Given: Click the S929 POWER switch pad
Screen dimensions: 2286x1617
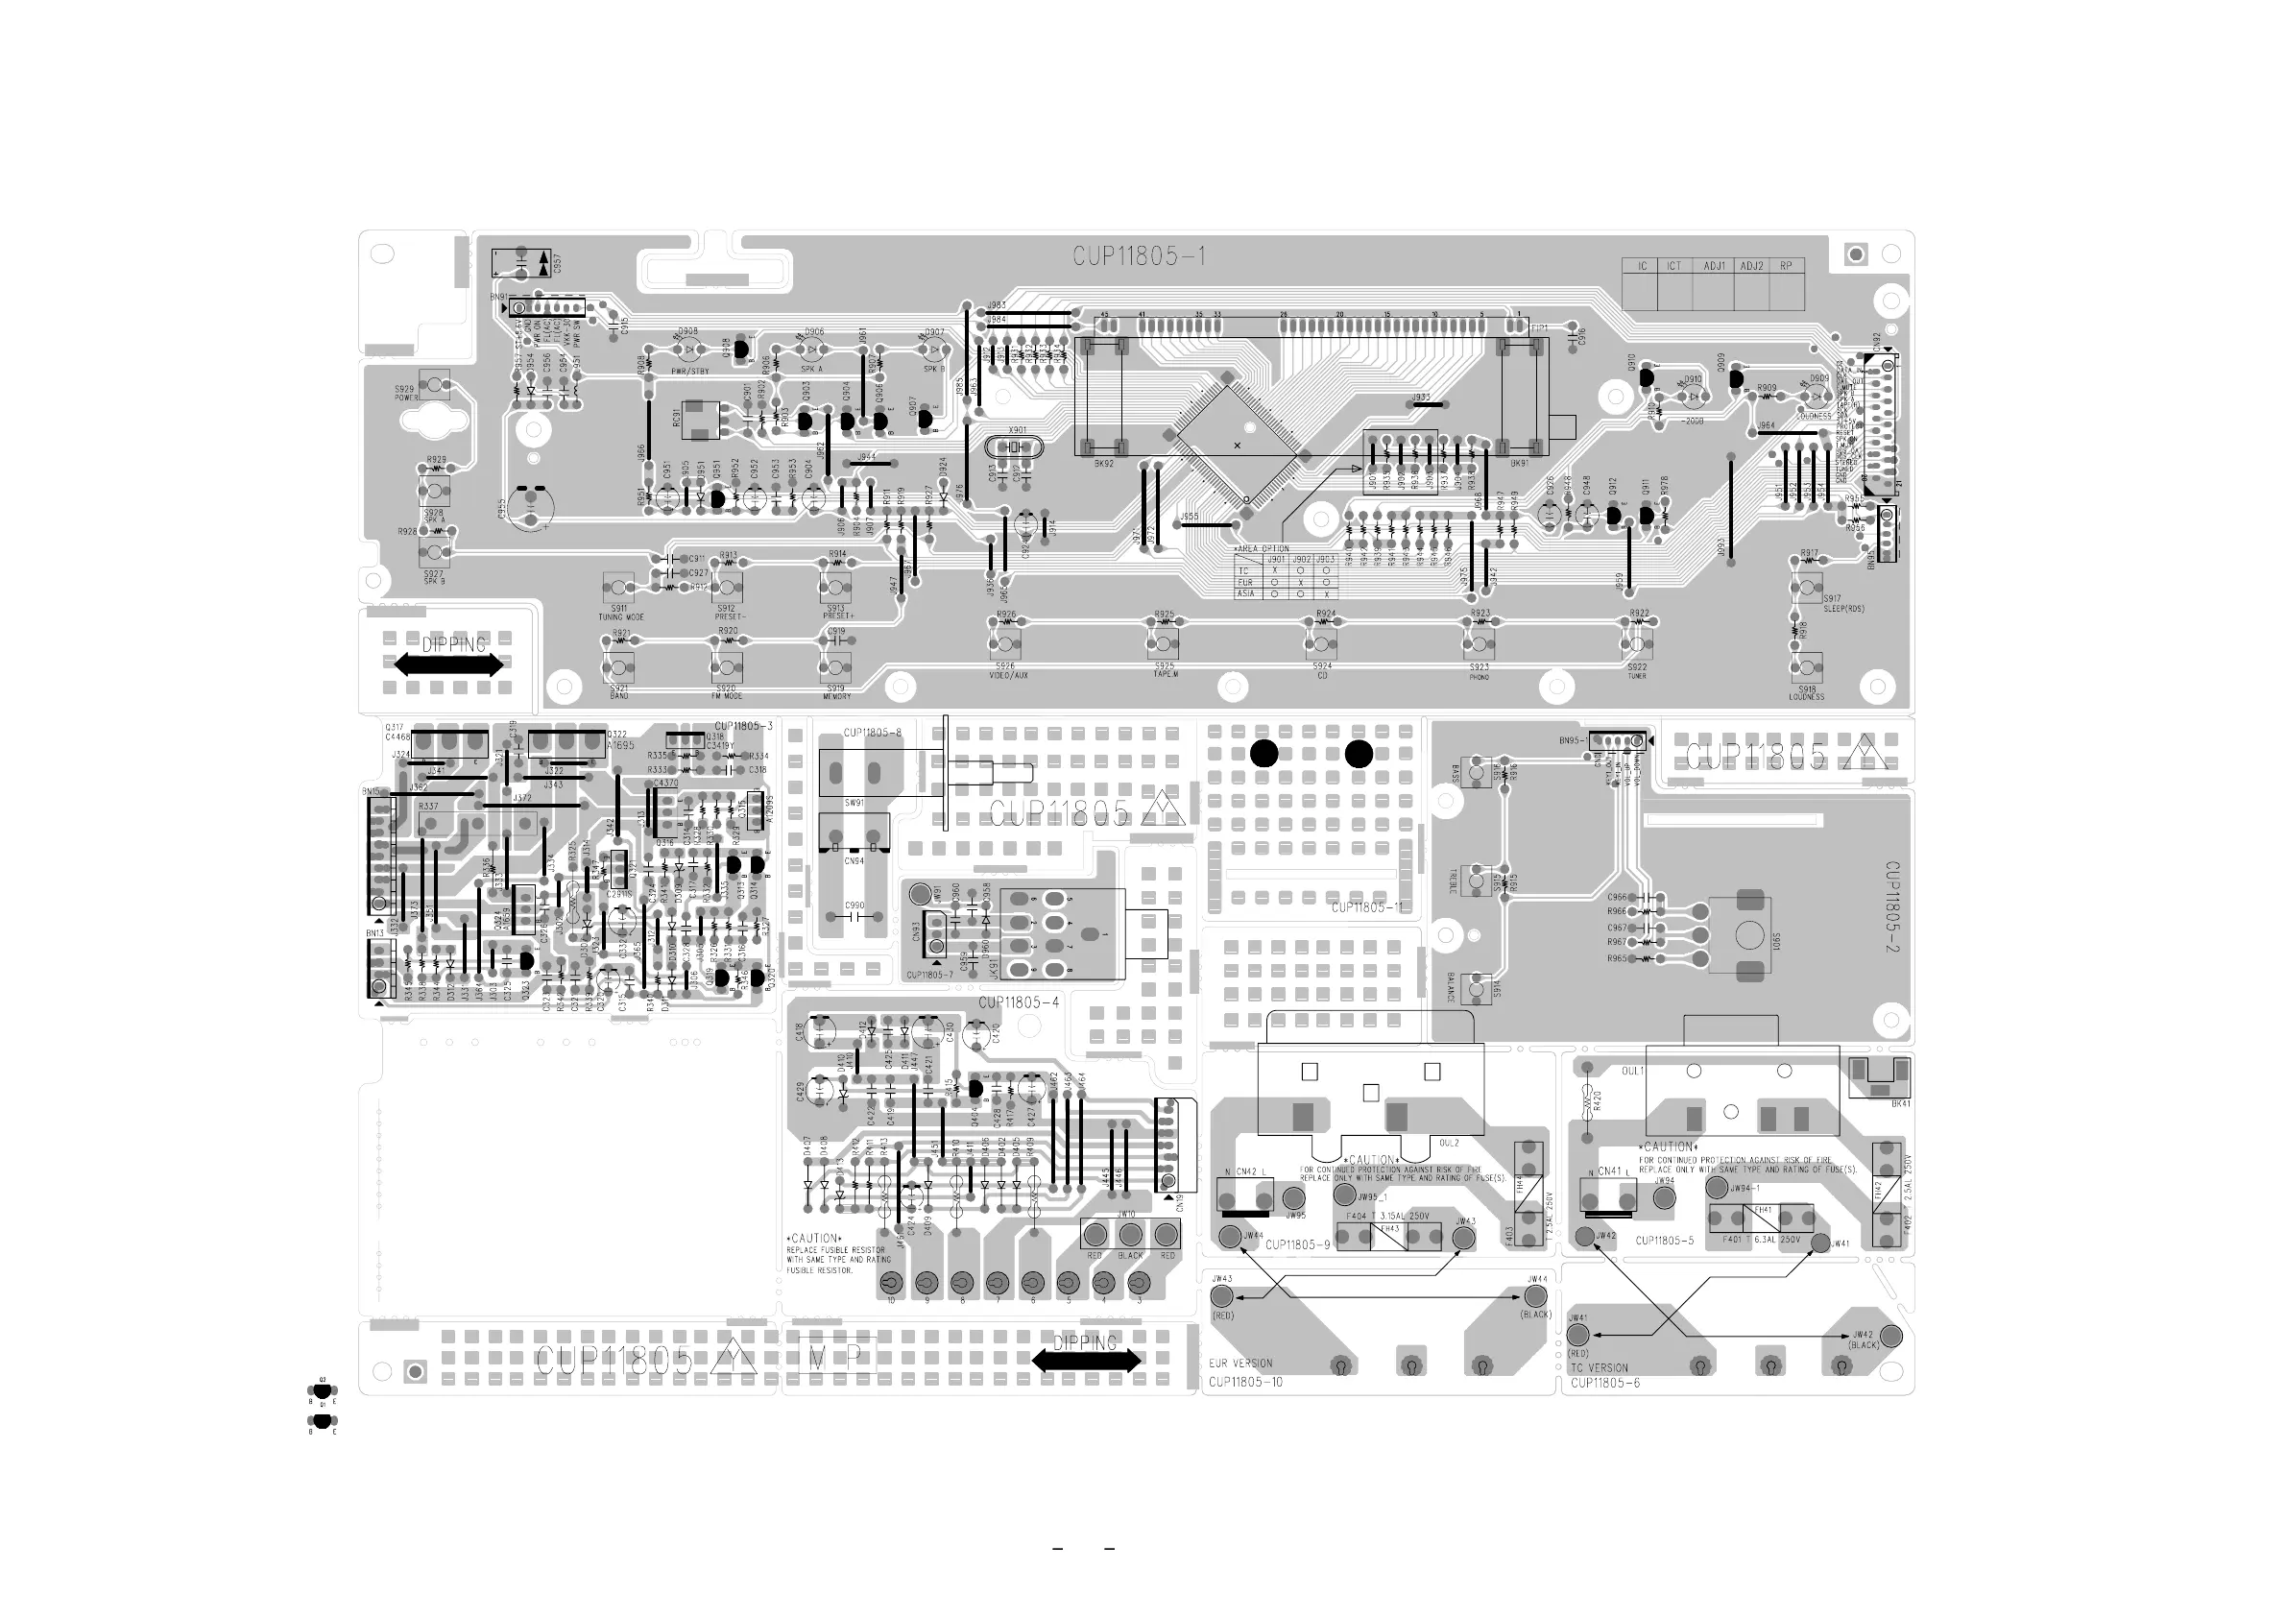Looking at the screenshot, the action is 434,383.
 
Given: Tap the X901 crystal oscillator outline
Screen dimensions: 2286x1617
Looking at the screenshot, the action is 1014,448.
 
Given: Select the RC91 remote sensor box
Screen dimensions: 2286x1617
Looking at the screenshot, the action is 701,420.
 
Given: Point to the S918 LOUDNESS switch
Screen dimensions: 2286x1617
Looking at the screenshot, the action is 1807,667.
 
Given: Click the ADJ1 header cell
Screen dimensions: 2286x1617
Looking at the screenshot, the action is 1714,266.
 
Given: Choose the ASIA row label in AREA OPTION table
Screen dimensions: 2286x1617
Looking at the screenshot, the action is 1245,593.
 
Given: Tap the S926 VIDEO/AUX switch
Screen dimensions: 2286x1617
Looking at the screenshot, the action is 1005,643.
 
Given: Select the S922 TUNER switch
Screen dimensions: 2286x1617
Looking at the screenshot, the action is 1638,644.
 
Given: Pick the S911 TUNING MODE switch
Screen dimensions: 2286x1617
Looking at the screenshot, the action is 618,588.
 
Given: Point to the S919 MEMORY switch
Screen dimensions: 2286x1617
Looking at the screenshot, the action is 835,667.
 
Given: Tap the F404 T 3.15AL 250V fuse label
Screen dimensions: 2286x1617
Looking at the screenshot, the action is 1388,1217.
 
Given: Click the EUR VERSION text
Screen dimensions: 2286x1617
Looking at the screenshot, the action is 1240,1364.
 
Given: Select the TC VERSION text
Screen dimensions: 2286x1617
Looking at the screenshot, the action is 1599,1368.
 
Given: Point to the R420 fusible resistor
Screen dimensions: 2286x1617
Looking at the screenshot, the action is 1588,1102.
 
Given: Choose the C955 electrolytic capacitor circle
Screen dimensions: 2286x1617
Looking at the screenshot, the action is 532,505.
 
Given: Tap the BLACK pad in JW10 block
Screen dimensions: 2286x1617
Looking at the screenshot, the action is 1130,1235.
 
